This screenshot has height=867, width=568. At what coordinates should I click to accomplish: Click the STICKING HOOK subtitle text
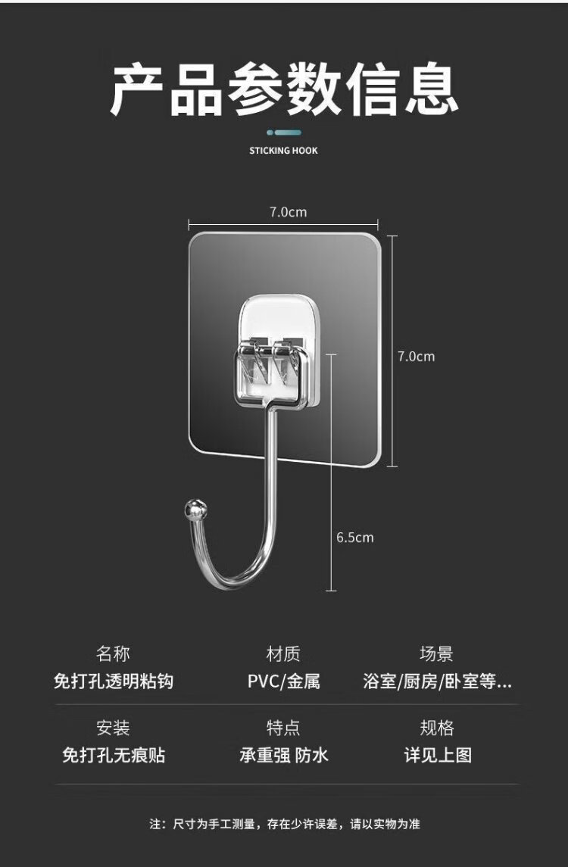[283, 151]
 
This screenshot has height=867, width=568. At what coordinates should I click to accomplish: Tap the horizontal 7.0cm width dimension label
[289, 212]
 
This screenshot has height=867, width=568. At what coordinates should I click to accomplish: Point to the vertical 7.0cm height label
[417, 356]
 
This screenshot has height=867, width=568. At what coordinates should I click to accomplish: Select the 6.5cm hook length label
[355, 538]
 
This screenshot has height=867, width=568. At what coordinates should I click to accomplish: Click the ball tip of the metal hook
[194, 509]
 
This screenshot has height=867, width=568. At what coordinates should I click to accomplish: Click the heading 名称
[113, 653]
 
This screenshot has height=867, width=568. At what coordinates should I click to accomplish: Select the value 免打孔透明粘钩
[113, 681]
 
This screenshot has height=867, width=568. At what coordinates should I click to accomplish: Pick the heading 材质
[283, 653]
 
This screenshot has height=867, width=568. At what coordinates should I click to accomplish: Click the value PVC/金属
[283, 681]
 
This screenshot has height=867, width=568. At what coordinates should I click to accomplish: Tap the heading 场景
[437, 653]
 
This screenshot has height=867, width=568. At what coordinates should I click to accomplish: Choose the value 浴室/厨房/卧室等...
[437, 681]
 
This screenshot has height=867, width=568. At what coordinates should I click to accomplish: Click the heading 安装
[113, 728]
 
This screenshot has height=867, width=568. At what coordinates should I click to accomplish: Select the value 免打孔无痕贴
[113, 755]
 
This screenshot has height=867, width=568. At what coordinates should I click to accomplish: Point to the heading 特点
[283, 728]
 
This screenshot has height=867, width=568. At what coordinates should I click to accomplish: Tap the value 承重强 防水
[283, 755]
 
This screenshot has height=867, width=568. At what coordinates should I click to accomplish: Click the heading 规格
[437, 728]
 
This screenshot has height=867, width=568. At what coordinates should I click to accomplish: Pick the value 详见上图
[437, 755]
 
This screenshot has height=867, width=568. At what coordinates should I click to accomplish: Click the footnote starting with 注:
[284, 823]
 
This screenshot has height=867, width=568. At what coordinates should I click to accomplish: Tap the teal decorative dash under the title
[284, 133]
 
